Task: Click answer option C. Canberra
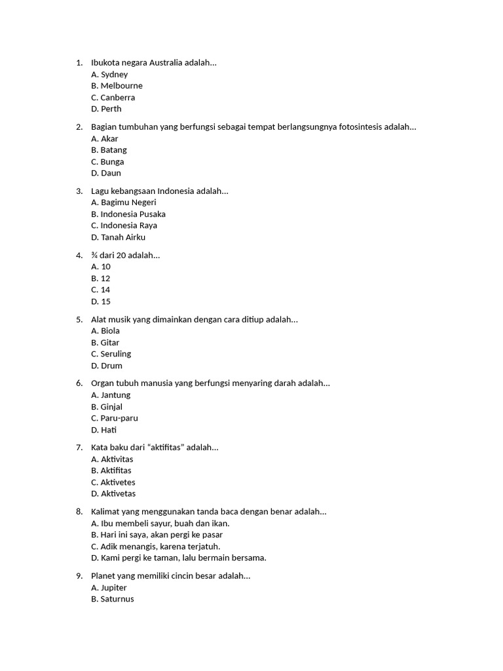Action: pyautogui.click(x=113, y=98)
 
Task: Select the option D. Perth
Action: pyautogui.click(x=107, y=109)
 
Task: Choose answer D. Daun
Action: pyautogui.click(x=106, y=173)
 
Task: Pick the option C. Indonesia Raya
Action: pyautogui.click(x=124, y=225)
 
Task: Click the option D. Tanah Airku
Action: pyautogui.click(x=119, y=237)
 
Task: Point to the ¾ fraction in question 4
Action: pyautogui.click(x=94, y=255)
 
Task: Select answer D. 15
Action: pyautogui.click(x=101, y=301)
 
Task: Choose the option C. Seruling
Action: pyautogui.click(x=111, y=354)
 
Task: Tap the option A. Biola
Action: pyautogui.click(x=105, y=331)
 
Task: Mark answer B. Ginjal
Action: pyautogui.click(x=107, y=407)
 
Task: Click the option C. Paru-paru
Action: pyautogui.click(x=115, y=418)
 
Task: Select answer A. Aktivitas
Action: pyautogui.click(x=113, y=459)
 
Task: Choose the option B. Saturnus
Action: pyautogui.click(x=113, y=599)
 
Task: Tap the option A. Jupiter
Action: pyautogui.click(x=109, y=588)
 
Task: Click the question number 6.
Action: pyautogui.click(x=79, y=383)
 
